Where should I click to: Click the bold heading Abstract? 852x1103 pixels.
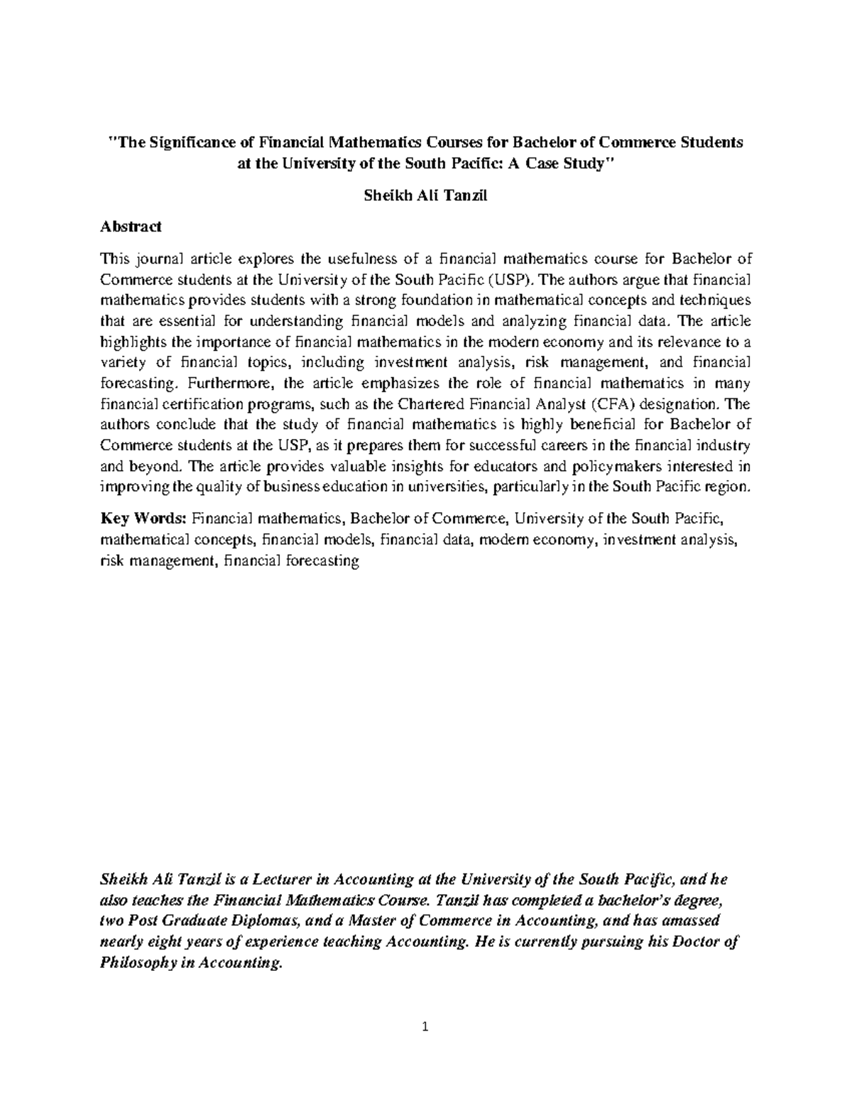pos(131,227)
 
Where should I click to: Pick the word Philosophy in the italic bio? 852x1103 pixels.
pos(138,964)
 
